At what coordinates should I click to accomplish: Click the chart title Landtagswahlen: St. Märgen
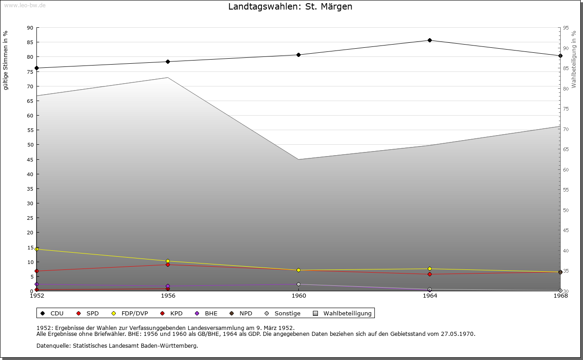coord(290,7)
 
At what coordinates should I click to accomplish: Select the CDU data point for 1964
coord(430,41)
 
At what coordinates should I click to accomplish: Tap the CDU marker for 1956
coord(168,62)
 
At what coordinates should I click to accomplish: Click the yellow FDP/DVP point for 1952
coord(37,249)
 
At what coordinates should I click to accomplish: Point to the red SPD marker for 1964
coord(430,274)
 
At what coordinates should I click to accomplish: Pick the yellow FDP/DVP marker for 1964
coord(430,269)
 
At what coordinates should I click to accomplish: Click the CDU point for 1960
coord(299,55)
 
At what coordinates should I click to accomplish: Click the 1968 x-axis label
coord(560,296)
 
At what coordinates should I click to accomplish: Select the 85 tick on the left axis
coord(30,42)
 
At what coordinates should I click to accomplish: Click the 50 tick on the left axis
coord(30,145)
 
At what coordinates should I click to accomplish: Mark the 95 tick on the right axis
coord(566,28)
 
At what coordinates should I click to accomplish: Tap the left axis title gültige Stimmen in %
coord(6,60)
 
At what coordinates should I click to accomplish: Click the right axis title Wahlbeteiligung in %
coord(574,60)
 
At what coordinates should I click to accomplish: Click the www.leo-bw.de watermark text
coord(25,5)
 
